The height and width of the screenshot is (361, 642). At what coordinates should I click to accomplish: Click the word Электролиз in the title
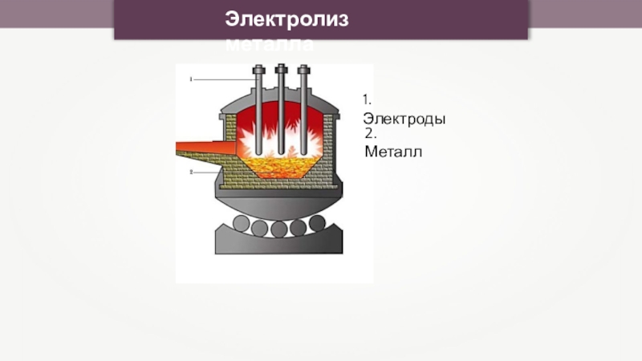pyautogui.click(x=286, y=19)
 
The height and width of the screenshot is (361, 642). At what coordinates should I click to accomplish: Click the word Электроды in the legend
pyautogui.click(x=404, y=119)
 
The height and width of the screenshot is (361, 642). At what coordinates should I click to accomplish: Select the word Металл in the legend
pyautogui.click(x=392, y=151)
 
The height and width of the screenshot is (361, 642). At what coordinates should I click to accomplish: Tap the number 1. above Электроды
pyautogui.click(x=366, y=100)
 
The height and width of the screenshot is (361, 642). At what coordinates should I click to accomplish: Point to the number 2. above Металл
pyautogui.click(x=370, y=133)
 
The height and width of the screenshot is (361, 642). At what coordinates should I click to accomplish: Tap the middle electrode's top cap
pyautogui.click(x=281, y=71)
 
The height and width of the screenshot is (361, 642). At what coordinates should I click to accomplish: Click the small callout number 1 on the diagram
pyautogui.click(x=191, y=80)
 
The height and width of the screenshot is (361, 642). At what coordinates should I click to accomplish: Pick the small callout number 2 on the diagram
pyautogui.click(x=191, y=172)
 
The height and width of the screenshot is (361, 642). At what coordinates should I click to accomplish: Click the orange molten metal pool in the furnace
pyautogui.click(x=281, y=167)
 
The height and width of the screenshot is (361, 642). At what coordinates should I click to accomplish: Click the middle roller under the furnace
pyautogui.click(x=279, y=228)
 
